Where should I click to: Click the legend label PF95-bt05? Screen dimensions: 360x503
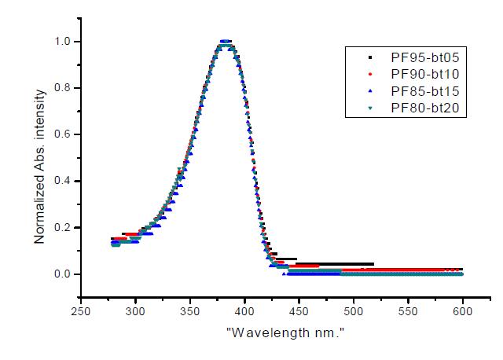(424, 57)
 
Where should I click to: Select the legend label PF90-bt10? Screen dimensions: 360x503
(424, 75)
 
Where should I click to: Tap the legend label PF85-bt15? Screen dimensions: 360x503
(424, 92)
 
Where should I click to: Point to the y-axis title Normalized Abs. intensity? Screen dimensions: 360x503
(39, 158)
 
